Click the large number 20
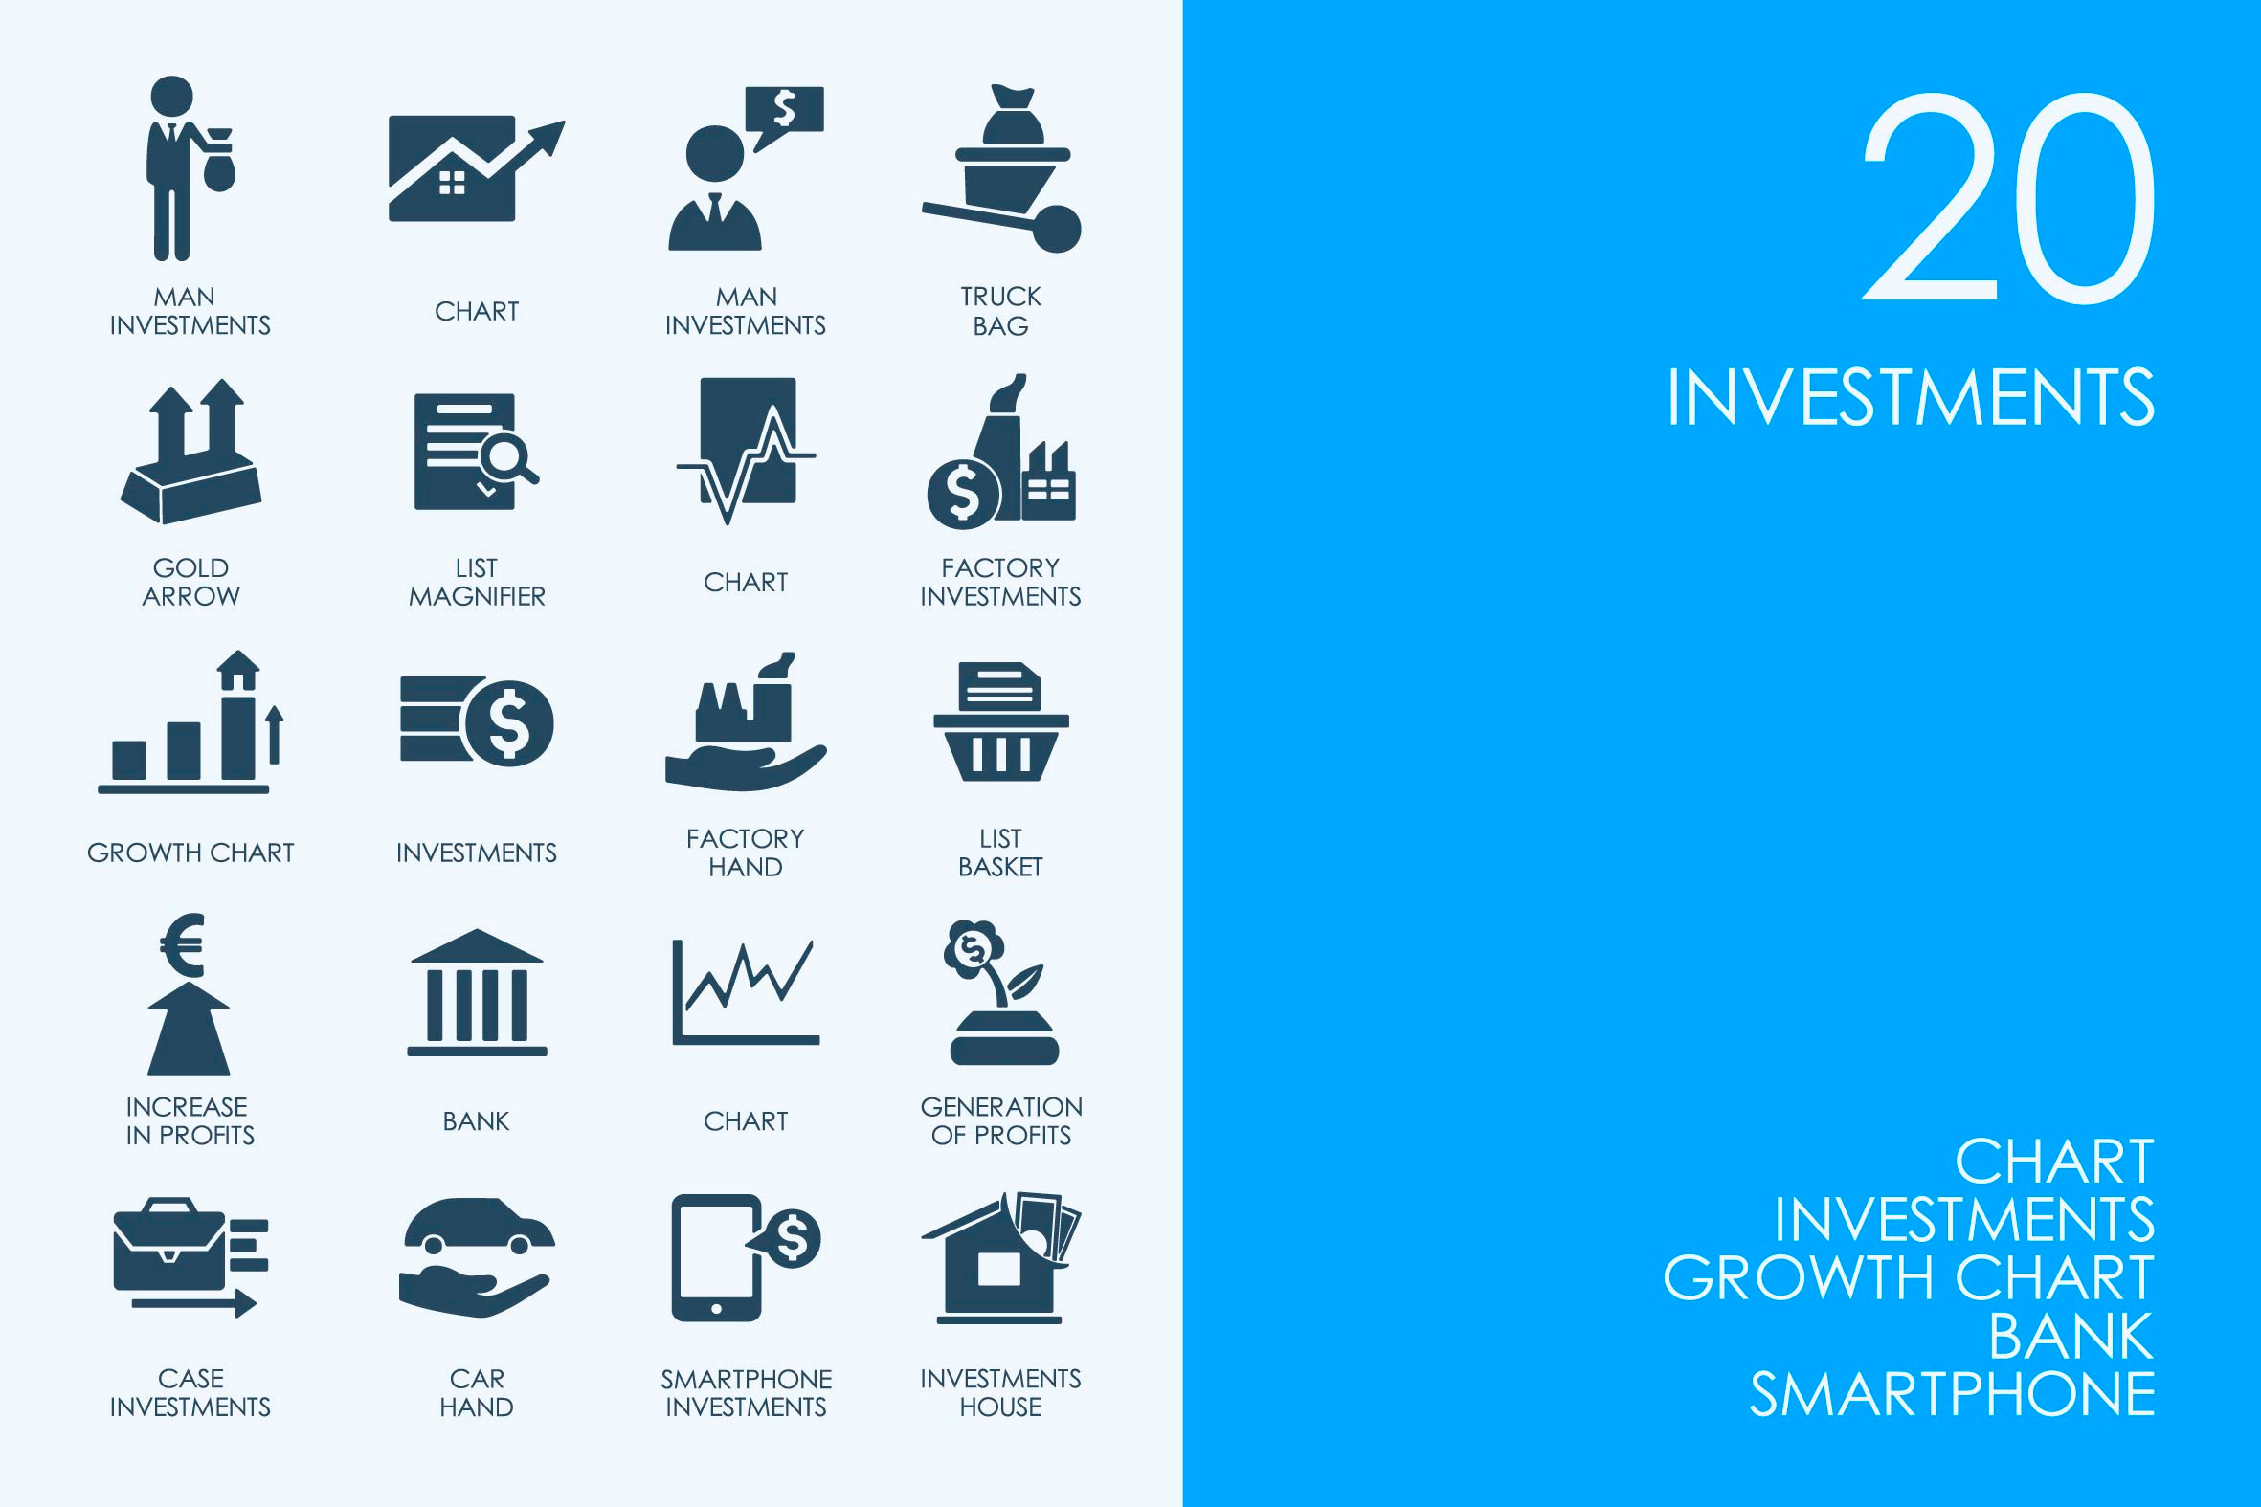[x=2007, y=198]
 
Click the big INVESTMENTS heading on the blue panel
[x=1910, y=397]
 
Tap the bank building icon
[x=477, y=992]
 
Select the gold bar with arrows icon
[x=190, y=451]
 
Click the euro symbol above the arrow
[x=183, y=943]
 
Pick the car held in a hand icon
[x=477, y=1257]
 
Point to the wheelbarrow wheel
[x=1057, y=229]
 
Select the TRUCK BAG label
[x=1000, y=311]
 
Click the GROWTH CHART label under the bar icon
[x=190, y=853]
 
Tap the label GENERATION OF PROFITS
[x=1001, y=1120]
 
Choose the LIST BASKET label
[x=1000, y=853]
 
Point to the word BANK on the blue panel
[x=2071, y=1336]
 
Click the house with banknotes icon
[x=1000, y=1257]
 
